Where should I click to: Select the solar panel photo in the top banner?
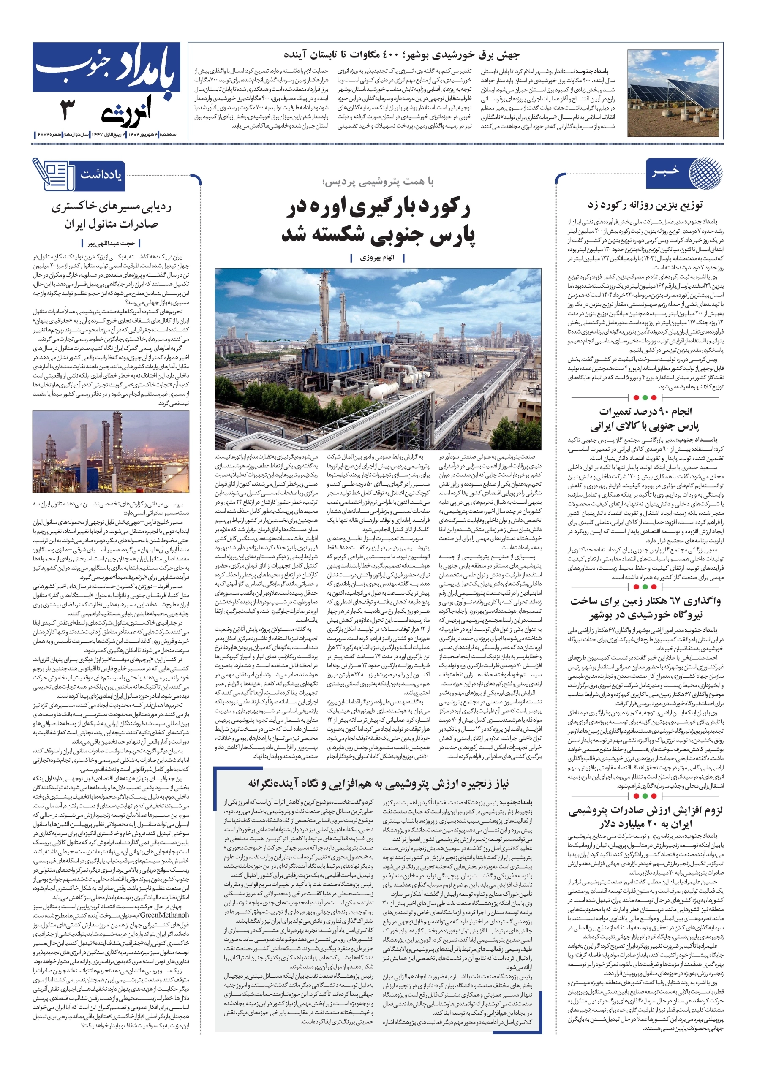673,93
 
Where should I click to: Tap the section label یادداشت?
101,175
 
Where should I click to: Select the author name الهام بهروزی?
377,258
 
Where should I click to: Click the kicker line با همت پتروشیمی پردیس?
377,182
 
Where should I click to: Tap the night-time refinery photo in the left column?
111,451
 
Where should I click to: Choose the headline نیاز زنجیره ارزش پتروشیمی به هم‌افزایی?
378,783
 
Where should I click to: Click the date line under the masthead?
106,135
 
